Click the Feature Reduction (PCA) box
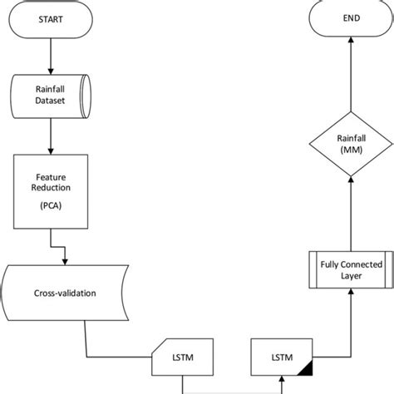tap(52, 192)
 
